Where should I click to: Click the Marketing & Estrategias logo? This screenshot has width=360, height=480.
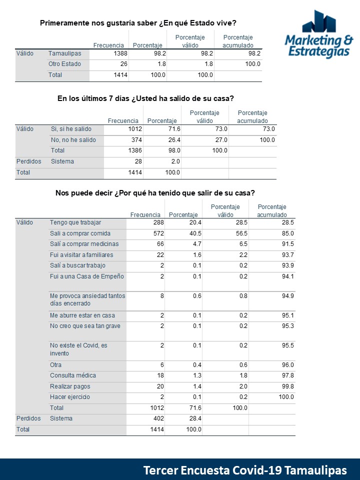(318, 35)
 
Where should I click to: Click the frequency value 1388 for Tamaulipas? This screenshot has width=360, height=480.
(120, 53)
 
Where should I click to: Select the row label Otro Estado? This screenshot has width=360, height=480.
(64, 64)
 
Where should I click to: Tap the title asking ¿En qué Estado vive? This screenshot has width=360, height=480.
(138, 23)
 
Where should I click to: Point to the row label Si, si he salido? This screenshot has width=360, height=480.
(72, 129)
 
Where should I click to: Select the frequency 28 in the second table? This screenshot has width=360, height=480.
(138, 161)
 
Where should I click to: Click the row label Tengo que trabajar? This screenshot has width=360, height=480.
(75, 222)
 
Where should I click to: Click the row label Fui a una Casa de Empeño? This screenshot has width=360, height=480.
(87, 276)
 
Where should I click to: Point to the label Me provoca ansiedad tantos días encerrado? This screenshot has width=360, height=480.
(87, 299)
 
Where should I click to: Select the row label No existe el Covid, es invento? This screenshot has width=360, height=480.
(78, 349)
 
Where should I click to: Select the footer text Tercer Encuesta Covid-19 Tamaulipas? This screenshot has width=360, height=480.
(245, 470)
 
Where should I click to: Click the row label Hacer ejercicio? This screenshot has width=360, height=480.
(70, 397)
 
